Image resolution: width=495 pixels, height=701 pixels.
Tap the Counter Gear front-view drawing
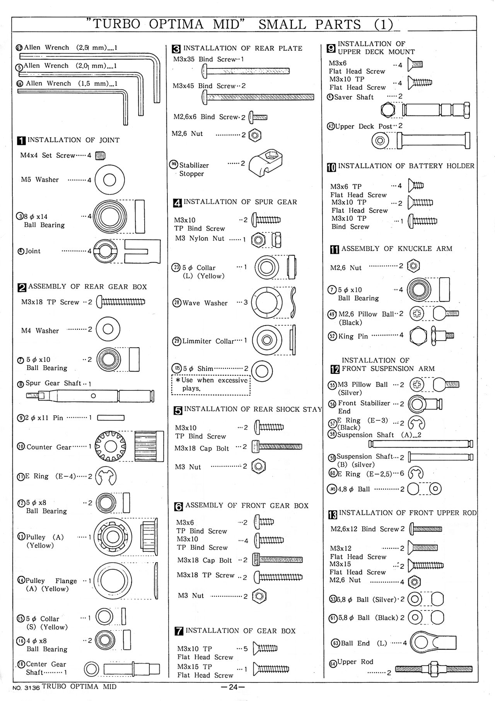tap(111, 447)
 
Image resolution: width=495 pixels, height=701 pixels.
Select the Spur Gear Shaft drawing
tap(90, 396)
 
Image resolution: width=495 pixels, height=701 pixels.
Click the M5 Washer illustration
tap(109, 180)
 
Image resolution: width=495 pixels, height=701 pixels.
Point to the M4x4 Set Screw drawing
tap(100, 155)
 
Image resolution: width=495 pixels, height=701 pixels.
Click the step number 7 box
tap(179, 631)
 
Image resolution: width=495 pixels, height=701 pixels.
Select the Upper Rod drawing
tap(434, 669)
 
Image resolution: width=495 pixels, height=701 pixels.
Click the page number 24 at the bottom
tap(233, 687)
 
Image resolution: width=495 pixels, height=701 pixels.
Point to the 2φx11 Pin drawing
tap(111, 418)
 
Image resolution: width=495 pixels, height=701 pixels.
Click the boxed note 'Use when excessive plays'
tap(211, 384)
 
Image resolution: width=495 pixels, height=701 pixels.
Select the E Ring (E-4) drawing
tap(106, 476)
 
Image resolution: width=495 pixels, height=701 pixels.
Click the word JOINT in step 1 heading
tap(109, 140)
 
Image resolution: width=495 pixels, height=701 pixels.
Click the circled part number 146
tap(174, 164)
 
